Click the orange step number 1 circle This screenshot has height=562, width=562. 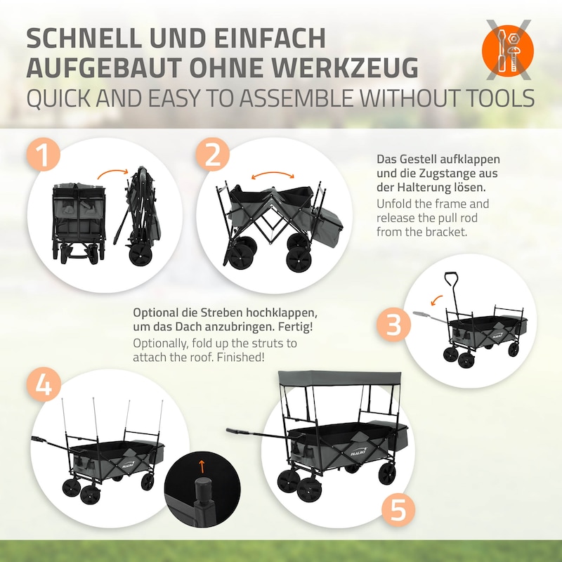pos(44,155)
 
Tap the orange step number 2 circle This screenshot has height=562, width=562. pos(213,155)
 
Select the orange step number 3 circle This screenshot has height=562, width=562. pos(393,324)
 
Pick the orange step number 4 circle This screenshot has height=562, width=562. pos(44,385)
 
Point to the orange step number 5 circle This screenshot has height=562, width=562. pos(398,510)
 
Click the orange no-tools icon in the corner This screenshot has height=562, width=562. pos(508,50)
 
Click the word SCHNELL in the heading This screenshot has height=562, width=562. pos(84,38)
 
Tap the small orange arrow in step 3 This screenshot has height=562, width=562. pos(436,299)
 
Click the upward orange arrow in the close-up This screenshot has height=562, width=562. pos(202,466)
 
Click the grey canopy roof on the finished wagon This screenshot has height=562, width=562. pos(340,379)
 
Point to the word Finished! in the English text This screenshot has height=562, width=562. pos(240,357)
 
